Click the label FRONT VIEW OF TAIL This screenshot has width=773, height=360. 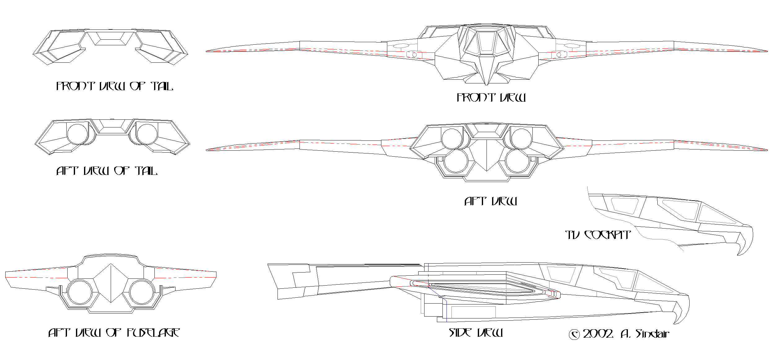pyautogui.click(x=114, y=86)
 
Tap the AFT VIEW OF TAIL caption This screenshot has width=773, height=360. pyautogui.click(x=107, y=171)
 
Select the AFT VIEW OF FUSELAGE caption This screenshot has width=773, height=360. pyautogui.click(x=114, y=333)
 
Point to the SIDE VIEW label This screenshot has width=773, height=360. pyautogui.click(x=476, y=333)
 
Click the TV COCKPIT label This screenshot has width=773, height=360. pyautogui.click(x=598, y=235)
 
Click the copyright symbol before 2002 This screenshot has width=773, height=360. pyautogui.click(x=574, y=335)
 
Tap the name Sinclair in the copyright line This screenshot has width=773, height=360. pyautogui.click(x=652, y=334)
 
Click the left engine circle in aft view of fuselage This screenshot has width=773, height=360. pyautogui.click(x=80, y=292)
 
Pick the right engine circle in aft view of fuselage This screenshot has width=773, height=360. pyautogui.click(x=142, y=292)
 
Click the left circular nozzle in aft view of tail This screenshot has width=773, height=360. pyautogui.click(x=78, y=134)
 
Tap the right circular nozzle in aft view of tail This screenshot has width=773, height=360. pyautogui.click(x=147, y=134)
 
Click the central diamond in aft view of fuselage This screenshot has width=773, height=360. pyautogui.click(x=111, y=283)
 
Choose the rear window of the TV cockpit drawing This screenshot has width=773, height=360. pyautogui.click(x=624, y=205)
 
